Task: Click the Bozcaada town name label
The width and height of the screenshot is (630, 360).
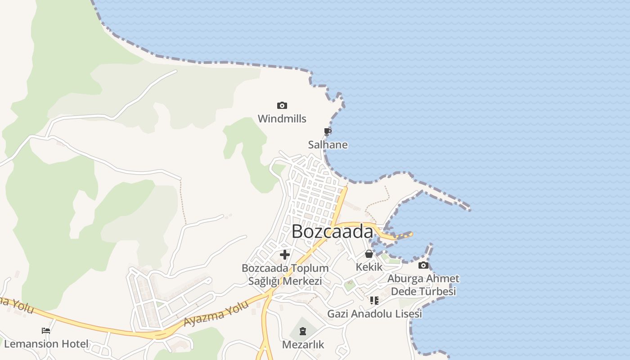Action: coord(332,232)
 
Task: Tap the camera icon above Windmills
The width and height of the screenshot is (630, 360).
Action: coord(282,106)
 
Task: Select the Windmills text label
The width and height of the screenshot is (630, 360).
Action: coord(282,119)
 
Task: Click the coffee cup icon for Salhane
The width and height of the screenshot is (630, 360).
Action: coord(328,131)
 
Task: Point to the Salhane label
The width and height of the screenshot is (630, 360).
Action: coord(328,145)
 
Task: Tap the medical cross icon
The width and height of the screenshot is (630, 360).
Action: coord(284,255)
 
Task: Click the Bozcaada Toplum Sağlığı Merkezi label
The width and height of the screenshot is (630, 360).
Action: coord(285,274)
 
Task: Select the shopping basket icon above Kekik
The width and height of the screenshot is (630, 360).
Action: coord(369,254)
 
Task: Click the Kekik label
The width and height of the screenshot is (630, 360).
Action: coord(369,267)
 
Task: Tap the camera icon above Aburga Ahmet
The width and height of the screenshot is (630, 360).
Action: coord(423,265)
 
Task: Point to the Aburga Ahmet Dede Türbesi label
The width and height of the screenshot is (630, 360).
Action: coord(423,285)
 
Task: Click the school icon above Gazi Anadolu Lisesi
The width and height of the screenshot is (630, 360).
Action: coord(374,300)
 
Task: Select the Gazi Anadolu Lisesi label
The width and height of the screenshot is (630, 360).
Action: coord(374,314)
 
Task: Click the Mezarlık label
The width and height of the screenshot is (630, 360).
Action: coord(303,345)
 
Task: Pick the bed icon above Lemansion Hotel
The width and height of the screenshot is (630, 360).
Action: coord(46,331)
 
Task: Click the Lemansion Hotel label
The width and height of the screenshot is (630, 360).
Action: coord(46,344)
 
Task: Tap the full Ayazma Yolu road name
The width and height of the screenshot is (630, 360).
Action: coord(216,315)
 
